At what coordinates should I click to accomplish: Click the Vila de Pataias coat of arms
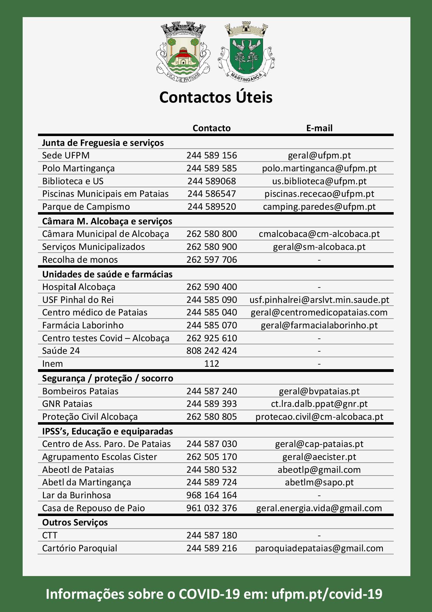click(183, 52)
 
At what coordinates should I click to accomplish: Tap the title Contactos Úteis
click(216, 97)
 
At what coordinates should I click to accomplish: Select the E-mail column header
click(319, 128)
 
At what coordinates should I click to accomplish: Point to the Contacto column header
click(211, 128)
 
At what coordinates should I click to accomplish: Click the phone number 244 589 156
click(211, 155)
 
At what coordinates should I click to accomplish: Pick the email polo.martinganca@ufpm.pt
click(319, 168)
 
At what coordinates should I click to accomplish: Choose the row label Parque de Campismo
click(86, 207)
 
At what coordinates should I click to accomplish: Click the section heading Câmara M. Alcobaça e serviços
click(107, 221)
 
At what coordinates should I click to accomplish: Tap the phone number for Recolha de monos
click(211, 260)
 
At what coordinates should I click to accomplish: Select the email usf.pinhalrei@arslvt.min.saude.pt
click(319, 300)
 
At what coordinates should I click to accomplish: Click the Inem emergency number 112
click(211, 364)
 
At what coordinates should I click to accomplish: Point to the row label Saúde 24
click(61, 351)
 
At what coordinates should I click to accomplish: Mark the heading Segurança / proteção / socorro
click(107, 378)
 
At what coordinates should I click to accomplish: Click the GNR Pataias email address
click(319, 404)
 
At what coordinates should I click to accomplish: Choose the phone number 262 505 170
click(211, 457)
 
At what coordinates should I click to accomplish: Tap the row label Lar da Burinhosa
click(76, 495)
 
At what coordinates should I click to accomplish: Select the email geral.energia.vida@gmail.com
click(319, 508)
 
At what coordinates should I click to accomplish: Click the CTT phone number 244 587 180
click(211, 535)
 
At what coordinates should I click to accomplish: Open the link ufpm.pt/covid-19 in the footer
click(327, 594)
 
